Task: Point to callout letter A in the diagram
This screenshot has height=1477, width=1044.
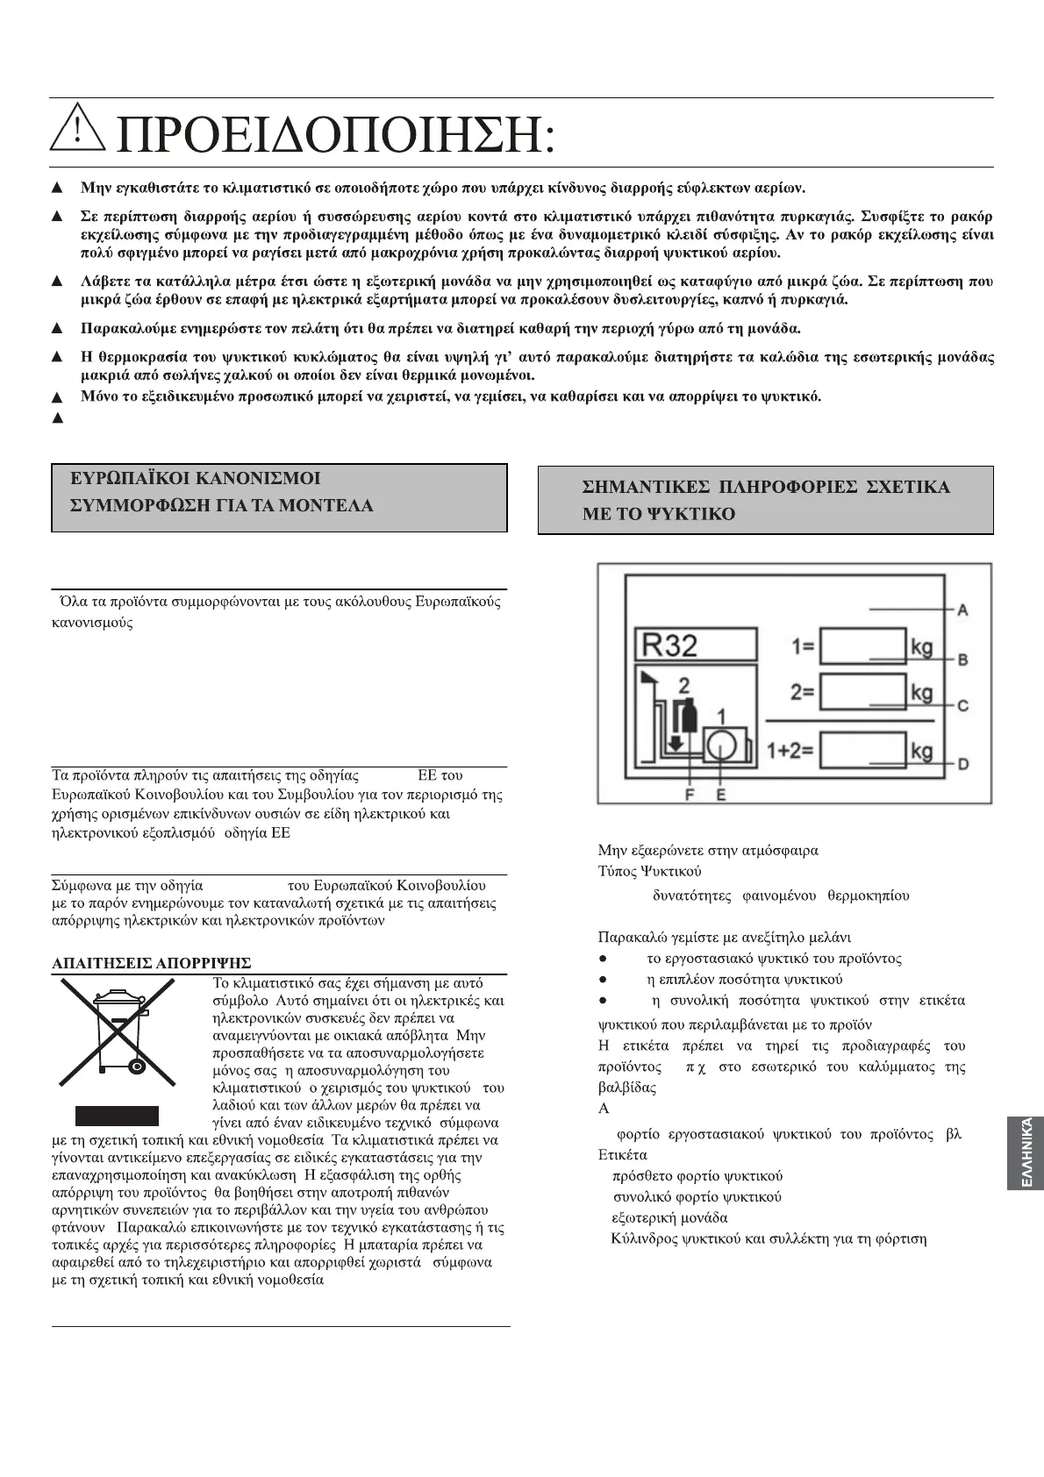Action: click(962, 609)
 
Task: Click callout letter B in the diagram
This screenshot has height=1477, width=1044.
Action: click(962, 659)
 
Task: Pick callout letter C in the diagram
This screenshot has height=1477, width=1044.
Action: click(962, 705)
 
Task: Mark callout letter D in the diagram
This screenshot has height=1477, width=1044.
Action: click(962, 765)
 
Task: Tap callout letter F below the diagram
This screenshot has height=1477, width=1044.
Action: click(690, 794)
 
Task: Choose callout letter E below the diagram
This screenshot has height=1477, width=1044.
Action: click(720, 794)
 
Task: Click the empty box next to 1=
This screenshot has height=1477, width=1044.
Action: click(862, 647)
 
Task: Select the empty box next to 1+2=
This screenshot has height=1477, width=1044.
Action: click(862, 752)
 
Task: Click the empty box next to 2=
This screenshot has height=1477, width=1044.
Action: click(862, 692)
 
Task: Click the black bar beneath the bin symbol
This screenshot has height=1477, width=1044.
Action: click(117, 1116)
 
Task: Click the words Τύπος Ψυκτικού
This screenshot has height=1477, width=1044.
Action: click(649, 872)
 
